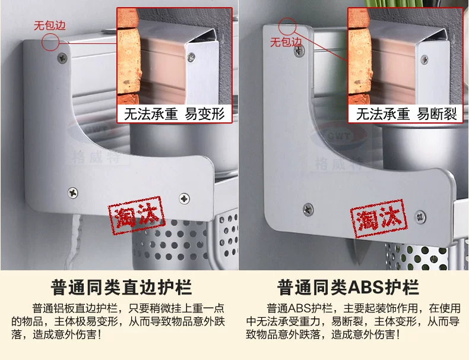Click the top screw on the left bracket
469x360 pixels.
(x=62, y=58)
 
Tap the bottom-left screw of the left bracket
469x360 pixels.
(x=72, y=192)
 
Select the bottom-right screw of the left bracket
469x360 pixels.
(x=184, y=198)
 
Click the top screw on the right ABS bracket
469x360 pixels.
(x=299, y=51)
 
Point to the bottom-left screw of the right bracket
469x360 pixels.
(x=308, y=209)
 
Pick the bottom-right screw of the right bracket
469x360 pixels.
(x=420, y=217)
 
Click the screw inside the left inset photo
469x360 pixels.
(x=191, y=56)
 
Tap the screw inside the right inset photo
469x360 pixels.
(x=424, y=59)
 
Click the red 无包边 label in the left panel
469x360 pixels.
(x=50, y=26)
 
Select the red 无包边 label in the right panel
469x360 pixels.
(x=286, y=42)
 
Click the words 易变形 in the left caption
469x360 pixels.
(x=205, y=114)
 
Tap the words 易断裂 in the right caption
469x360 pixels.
(x=437, y=114)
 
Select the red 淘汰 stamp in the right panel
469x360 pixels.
(x=379, y=218)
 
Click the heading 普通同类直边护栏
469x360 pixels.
(x=121, y=288)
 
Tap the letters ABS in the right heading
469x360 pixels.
(x=365, y=288)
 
